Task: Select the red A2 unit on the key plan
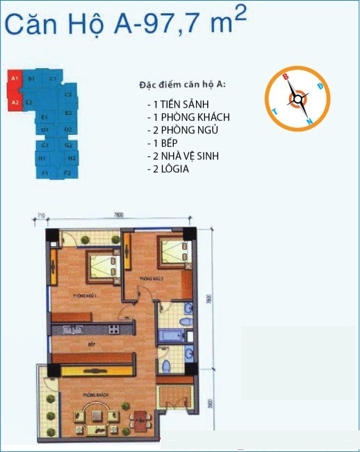[15, 103]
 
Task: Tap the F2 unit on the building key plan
[67, 172]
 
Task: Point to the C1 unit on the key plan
[53, 79]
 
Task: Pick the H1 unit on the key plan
[44, 159]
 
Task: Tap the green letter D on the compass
[319, 86]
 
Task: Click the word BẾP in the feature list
[167, 143]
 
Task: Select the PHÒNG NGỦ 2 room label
[151, 278]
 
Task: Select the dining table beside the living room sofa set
[139, 419]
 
